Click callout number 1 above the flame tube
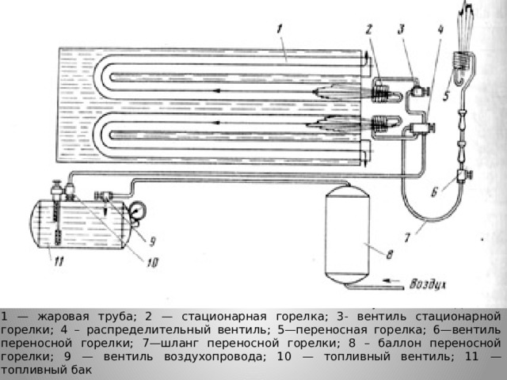(x=280, y=30)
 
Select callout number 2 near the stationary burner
(x=369, y=30)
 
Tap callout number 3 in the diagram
(x=402, y=30)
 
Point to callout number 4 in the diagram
(x=440, y=30)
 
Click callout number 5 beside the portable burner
(x=446, y=96)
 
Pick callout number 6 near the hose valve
(x=435, y=192)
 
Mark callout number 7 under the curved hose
(x=407, y=237)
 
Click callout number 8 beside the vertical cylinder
(x=390, y=254)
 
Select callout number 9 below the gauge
(x=152, y=241)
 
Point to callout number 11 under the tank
(x=59, y=260)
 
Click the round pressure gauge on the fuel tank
(x=137, y=210)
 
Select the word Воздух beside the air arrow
(x=428, y=284)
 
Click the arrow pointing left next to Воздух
(x=391, y=280)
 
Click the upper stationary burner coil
(x=381, y=93)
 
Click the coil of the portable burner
(x=461, y=60)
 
